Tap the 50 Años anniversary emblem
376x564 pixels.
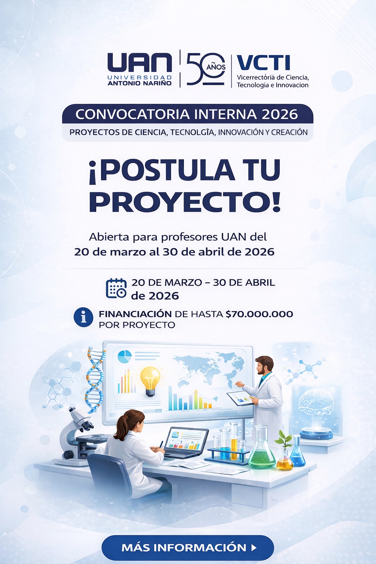206,69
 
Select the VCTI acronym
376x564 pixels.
263,63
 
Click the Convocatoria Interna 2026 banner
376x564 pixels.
187,114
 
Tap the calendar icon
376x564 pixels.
116,288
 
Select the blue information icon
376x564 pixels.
83,317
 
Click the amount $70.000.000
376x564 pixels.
259,314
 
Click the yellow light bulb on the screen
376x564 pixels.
151,380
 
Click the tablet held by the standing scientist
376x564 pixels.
241,398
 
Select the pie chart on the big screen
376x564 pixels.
124,356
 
